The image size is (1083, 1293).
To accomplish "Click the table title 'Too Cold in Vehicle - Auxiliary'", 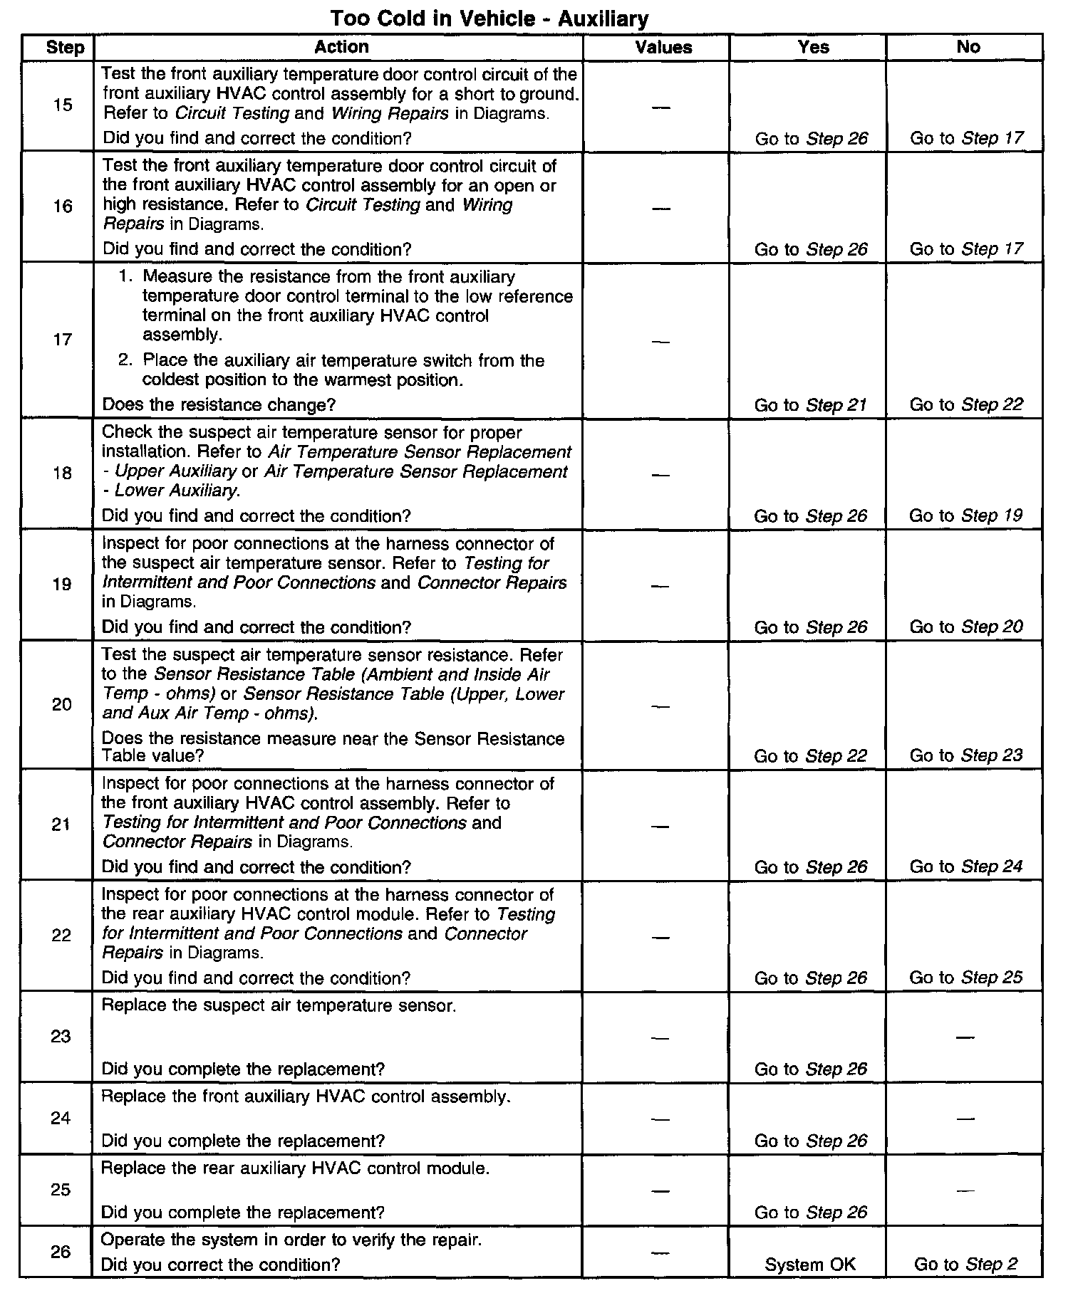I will [x=489, y=19].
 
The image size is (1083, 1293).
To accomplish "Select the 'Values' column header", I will [x=663, y=48].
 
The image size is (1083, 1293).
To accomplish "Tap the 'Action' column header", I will [x=341, y=47].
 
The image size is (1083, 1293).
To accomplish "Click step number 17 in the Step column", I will [x=63, y=339].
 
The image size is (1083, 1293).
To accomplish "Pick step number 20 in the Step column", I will [x=62, y=704].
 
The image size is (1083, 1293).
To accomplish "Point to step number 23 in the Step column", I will [x=61, y=1036].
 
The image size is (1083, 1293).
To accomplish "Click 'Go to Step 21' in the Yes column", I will [x=810, y=405].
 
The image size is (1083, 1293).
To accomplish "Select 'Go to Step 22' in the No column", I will [x=966, y=405].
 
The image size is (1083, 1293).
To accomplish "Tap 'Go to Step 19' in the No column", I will [x=965, y=515].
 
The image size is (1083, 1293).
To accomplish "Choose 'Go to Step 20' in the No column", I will [x=966, y=627].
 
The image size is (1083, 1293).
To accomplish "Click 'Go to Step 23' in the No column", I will [x=966, y=755].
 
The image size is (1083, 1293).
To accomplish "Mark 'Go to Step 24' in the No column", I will [x=966, y=867].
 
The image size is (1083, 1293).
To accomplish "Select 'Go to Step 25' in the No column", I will [x=965, y=978].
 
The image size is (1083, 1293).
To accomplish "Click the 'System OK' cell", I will [x=810, y=1265].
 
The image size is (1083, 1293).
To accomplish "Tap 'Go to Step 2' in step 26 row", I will [x=965, y=1265].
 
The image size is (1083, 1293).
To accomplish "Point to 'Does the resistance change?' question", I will [x=219, y=405].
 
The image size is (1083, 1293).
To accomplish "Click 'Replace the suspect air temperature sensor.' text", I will [x=279, y=1005].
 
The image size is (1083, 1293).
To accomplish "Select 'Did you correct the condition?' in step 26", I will [x=221, y=1265].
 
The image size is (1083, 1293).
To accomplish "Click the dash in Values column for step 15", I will [x=661, y=108].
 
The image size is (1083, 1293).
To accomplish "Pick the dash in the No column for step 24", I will [x=965, y=1119].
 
